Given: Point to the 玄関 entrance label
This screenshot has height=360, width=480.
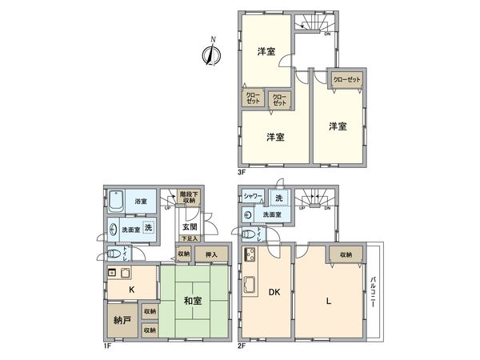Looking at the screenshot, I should point(190,226).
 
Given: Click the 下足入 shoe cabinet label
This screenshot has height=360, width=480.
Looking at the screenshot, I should point(189,238).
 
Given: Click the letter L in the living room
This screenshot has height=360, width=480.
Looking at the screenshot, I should point(328,301).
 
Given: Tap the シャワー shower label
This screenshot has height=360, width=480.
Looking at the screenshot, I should point(254,197).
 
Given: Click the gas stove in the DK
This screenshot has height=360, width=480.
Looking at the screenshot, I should point(248,256).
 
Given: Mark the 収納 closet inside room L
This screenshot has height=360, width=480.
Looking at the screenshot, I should point(345,254).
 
